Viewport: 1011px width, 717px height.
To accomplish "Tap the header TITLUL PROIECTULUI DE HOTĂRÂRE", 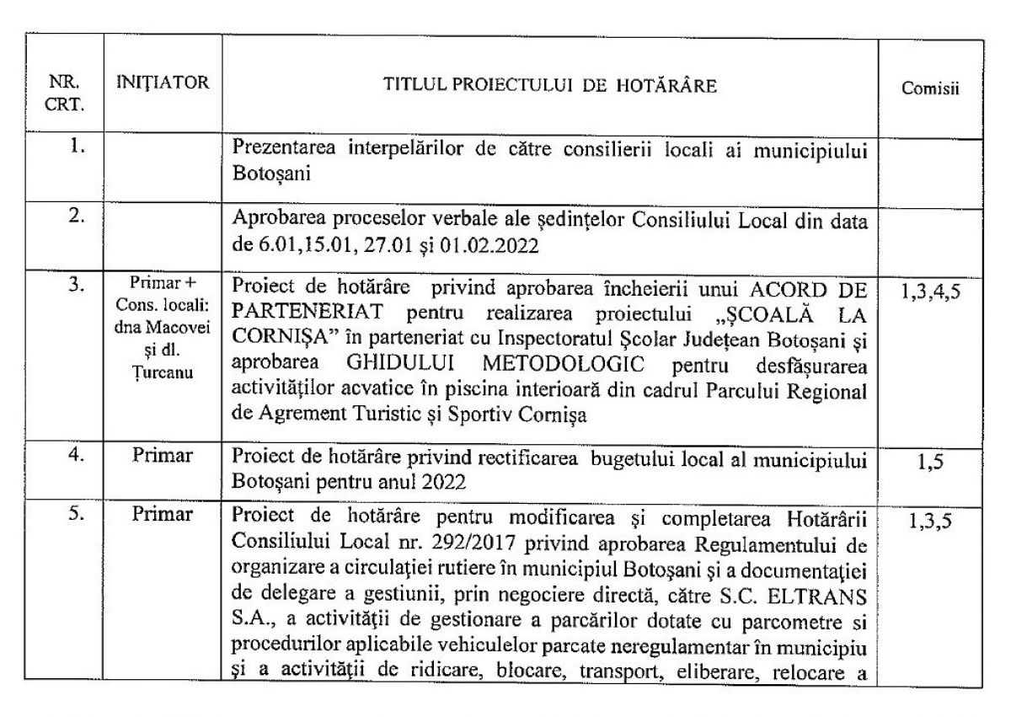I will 552,84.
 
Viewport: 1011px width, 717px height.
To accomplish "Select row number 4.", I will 76,457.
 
